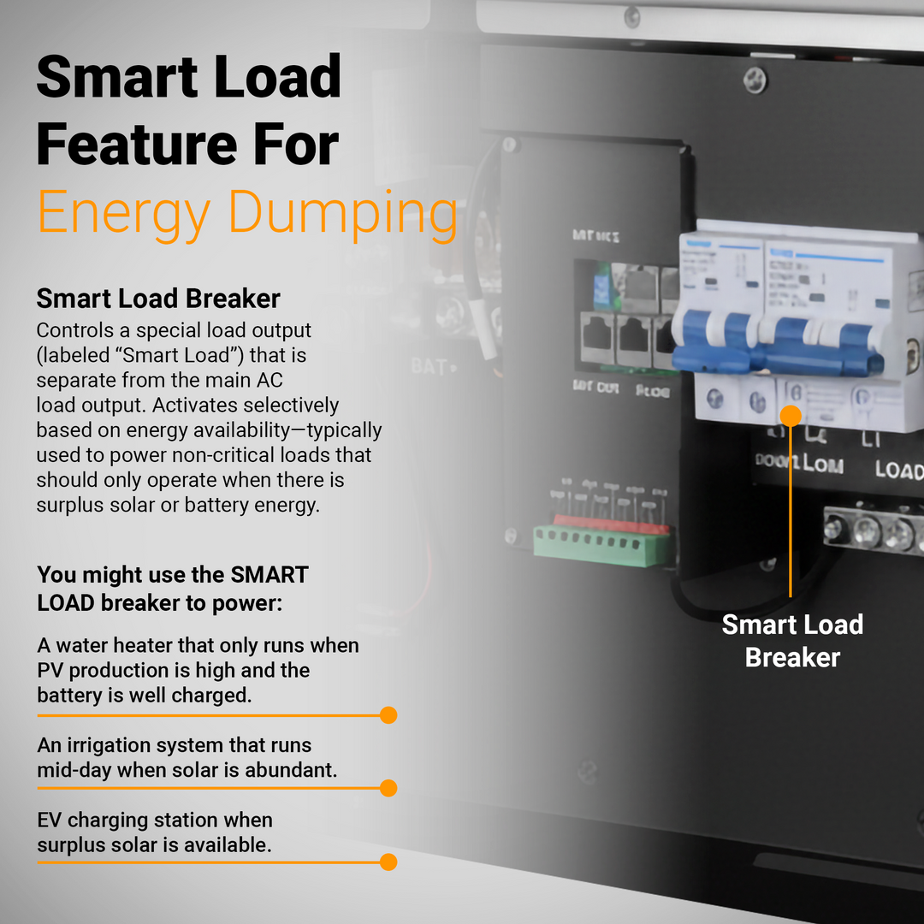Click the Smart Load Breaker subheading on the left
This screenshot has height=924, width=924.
(x=158, y=299)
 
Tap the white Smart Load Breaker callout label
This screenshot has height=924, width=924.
(x=791, y=641)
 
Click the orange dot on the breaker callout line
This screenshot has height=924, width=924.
(x=791, y=417)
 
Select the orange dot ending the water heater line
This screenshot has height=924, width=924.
(x=388, y=714)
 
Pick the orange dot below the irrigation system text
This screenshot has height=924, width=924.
(x=388, y=788)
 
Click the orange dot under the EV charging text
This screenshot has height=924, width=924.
(x=388, y=862)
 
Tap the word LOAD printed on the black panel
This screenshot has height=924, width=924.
(x=898, y=471)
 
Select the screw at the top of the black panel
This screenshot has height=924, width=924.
(x=755, y=80)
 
